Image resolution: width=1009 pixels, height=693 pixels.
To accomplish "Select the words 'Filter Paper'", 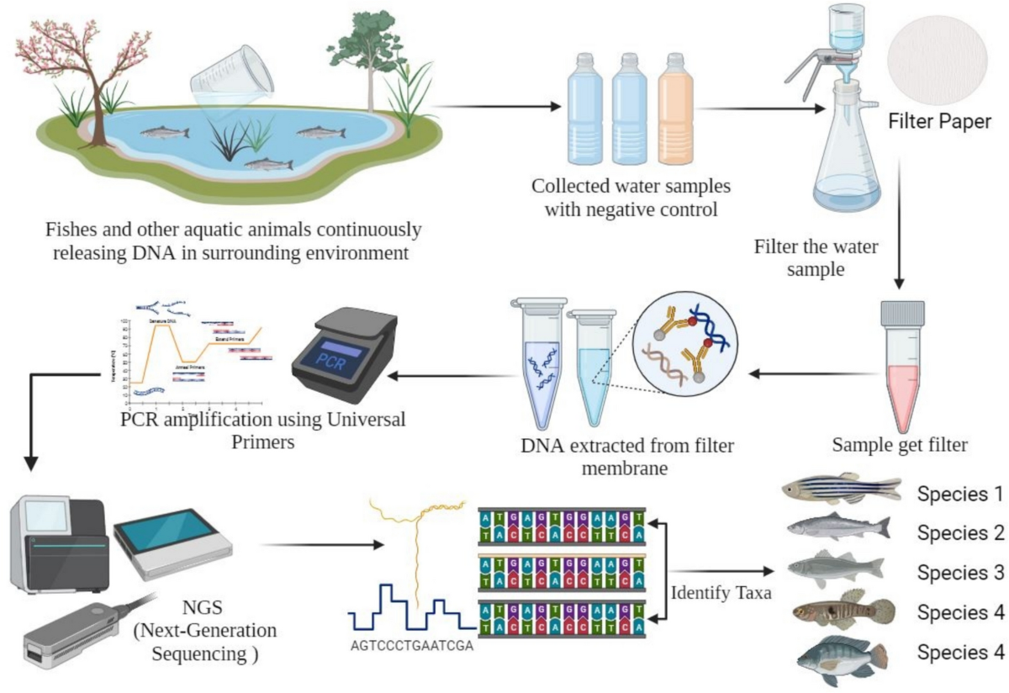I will pyautogui.click(x=940, y=123).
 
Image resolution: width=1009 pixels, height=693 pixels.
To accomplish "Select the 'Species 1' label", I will pyautogui.click(x=962, y=494).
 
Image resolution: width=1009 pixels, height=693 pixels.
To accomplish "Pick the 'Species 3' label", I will pyautogui.click(x=962, y=573).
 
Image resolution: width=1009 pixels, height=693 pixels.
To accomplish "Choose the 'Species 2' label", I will pyautogui.click(x=962, y=532).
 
